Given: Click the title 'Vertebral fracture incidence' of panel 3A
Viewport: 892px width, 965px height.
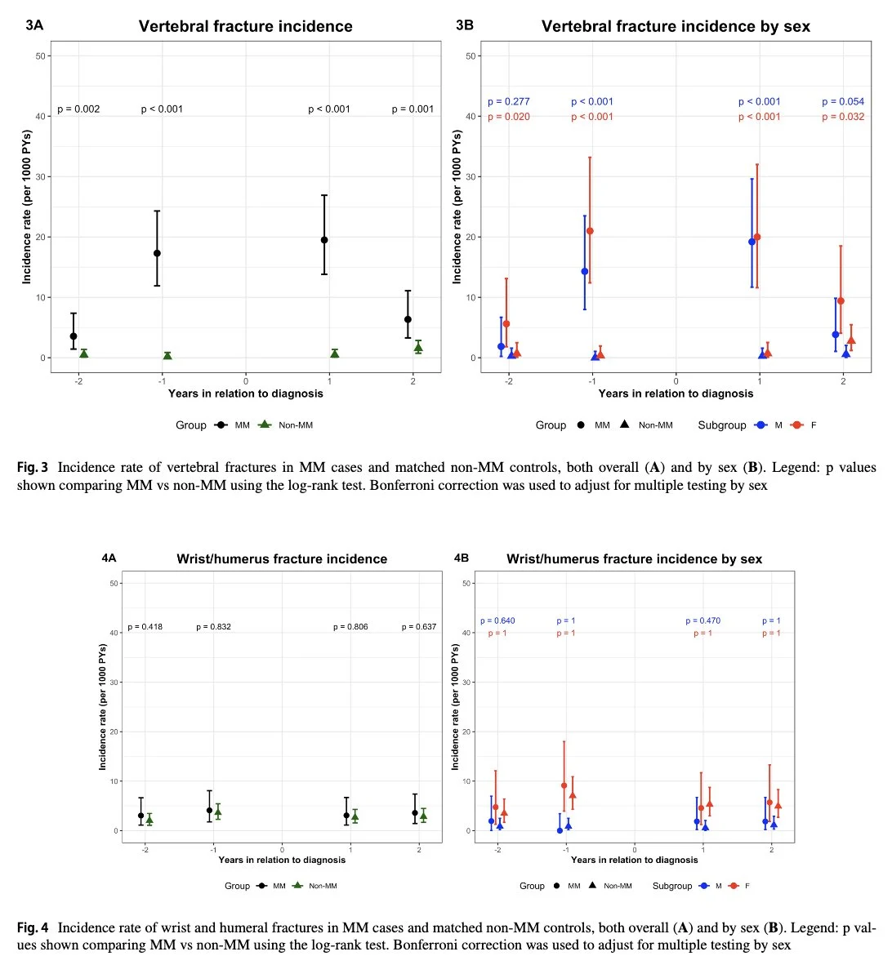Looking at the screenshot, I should coord(245,26).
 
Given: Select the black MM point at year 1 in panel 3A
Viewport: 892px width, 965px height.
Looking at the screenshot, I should coord(324,240).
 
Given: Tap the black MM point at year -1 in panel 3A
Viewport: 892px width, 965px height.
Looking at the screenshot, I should coord(157,253).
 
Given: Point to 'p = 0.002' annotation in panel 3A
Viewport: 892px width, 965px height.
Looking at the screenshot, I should coord(78,109).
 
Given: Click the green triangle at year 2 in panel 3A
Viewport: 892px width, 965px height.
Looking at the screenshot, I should coord(418,347).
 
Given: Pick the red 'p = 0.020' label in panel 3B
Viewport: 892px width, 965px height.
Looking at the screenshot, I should coord(509,117).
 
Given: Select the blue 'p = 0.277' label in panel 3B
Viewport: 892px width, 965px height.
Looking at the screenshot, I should coord(509,102).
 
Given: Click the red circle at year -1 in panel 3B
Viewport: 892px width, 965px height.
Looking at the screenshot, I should coord(590,231).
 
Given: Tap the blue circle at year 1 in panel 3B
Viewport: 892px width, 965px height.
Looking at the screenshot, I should coord(752,242).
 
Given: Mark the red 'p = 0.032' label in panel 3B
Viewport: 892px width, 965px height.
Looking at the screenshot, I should coord(843,117).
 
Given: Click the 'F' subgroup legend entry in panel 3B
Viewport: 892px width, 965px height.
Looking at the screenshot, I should coord(804,425).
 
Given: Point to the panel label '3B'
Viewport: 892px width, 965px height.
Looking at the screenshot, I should coord(464,25).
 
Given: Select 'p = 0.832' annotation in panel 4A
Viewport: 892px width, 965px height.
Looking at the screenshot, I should coord(213,627).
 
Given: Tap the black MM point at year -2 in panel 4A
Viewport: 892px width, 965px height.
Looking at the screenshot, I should coord(141,816).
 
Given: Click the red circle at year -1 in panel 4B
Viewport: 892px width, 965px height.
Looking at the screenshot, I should coord(564,786).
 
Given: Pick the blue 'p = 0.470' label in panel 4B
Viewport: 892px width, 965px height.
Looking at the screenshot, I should coord(703,621).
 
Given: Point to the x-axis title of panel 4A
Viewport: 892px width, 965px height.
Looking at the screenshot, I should coord(282,860).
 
